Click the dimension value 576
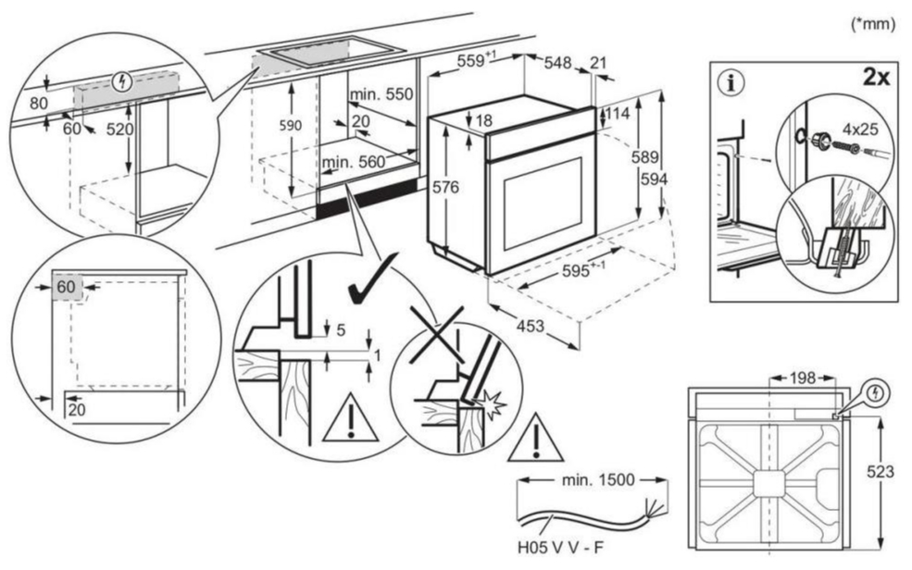point(445,187)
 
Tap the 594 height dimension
point(654,180)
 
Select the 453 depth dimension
point(531,326)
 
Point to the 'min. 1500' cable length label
point(598,480)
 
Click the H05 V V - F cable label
point(560,548)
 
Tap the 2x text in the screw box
point(876,76)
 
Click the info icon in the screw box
point(731,83)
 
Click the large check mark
point(373,279)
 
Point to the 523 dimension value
point(880,472)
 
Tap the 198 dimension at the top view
point(803,378)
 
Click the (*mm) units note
point(872,24)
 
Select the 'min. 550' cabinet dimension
point(381,94)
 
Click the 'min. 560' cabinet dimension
point(354,162)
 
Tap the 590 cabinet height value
point(290,126)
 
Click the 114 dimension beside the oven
point(618,113)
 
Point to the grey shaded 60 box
point(67,287)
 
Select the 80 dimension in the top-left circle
point(38,104)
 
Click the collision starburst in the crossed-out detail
point(489,403)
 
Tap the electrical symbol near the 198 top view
point(875,393)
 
